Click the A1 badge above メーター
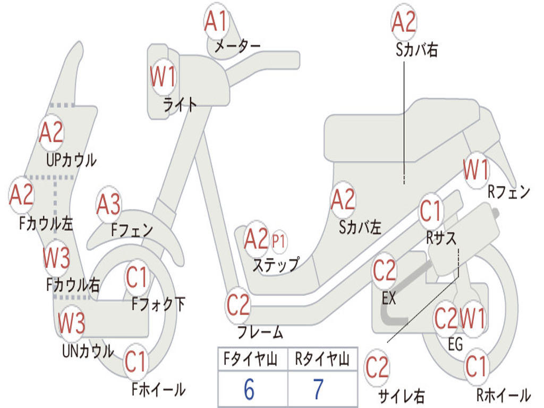point(216,21)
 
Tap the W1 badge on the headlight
point(163,76)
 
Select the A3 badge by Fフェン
point(108,205)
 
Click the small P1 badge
point(278,241)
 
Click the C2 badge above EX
point(385,270)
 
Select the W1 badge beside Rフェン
point(476,169)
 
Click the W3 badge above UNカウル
point(72,322)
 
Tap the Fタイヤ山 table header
point(250,359)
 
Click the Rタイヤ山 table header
point(322,359)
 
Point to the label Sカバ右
point(416,50)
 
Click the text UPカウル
point(71,160)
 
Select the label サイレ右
point(402,395)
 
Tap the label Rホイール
point(504,395)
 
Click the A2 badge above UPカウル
point(51,132)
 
